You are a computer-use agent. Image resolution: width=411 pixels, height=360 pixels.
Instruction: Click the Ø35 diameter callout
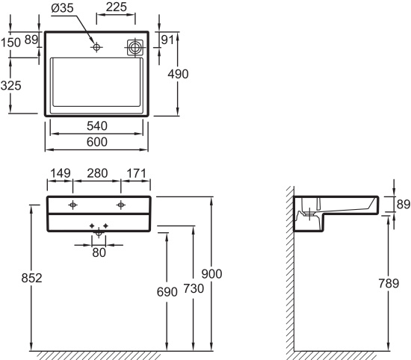62,8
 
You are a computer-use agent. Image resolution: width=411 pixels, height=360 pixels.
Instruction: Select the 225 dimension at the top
117,7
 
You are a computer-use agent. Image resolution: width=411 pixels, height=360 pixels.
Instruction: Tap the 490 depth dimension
178,74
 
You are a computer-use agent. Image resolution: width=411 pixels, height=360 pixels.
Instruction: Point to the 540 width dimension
97,126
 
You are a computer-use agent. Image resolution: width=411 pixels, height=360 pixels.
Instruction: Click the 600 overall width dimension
97,142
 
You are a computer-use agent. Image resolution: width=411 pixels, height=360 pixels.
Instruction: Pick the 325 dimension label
10,86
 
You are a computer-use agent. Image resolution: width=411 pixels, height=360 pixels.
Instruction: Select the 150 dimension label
10,43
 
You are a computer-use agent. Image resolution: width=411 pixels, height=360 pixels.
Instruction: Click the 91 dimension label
167,40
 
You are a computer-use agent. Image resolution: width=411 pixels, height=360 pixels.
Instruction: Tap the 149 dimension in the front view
61,173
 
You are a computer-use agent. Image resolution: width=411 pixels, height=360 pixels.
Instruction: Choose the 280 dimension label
97,173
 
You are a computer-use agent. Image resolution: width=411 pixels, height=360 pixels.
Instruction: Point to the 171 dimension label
136,173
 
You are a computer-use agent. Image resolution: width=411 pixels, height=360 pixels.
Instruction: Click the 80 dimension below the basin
99,253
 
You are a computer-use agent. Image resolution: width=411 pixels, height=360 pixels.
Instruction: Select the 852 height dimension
31,279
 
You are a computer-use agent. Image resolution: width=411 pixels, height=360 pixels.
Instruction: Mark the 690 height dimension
167,292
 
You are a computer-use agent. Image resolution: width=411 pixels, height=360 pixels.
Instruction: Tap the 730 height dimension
194,288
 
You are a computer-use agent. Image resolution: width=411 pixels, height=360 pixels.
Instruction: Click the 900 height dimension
211,274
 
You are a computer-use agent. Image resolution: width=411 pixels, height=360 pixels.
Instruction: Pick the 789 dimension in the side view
389,283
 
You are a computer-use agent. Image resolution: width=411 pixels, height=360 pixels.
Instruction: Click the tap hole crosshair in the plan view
96,47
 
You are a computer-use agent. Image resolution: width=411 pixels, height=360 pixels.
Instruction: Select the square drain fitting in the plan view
135,48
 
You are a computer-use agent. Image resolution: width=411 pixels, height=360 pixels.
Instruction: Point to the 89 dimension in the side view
404,204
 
